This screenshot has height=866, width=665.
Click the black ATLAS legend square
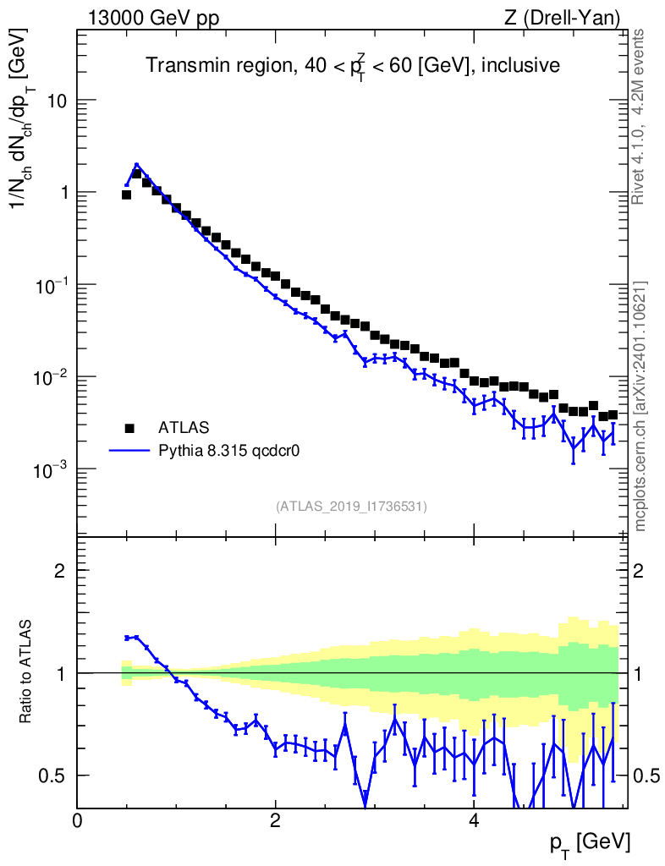coord(129,427)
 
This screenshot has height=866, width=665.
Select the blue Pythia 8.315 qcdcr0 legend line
coord(129,451)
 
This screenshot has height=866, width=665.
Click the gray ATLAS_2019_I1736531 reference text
coord(351,507)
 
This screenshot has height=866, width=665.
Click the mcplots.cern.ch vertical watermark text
coord(640,406)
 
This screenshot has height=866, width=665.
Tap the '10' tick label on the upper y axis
coord(56,101)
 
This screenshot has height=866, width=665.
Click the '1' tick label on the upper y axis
coord(62,193)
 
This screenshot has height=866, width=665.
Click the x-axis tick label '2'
coord(275,820)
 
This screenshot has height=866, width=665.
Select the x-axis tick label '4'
coord(474,820)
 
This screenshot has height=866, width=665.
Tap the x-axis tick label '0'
coord(77,820)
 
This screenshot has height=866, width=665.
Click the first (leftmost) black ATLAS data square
coord(126,195)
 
